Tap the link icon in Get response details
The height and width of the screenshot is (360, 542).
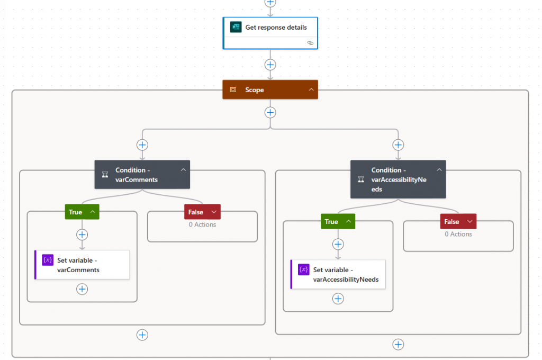pyautogui.click(x=310, y=43)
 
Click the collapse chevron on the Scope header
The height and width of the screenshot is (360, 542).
pyautogui.click(x=311, y=90)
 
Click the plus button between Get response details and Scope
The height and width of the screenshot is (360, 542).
pyautogui.click(x=270, y=65)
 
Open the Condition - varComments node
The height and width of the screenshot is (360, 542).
pyautogui.click(x=137, y=175)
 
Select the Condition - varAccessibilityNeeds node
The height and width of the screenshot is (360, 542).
pyautogui.click(x=394, y=179)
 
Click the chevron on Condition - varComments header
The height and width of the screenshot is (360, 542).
pyautogui.click(x=183, y=170)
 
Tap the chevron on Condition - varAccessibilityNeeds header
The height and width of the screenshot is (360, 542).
pyautogui.click(x=439, y=170)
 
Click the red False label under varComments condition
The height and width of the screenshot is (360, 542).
pyautogui.click(x=195, y=212)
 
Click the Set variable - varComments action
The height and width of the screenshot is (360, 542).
pyautogui.click(x=82, y=265)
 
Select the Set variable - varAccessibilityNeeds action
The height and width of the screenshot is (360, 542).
pyautogui.click(x=338, y=274)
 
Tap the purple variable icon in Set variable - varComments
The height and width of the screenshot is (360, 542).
pyautogui.click(x=48, y=260)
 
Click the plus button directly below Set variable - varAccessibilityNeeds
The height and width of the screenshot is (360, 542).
pyautogui.click(x=338, y=299)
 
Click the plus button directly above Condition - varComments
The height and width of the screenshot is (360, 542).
pyautogui.click(x=142, y=145)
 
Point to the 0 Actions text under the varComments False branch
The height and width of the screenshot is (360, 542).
pyautogui.click(x=202, y=224)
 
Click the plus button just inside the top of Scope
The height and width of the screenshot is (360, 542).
pyautogui.click(x=270, y=112)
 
